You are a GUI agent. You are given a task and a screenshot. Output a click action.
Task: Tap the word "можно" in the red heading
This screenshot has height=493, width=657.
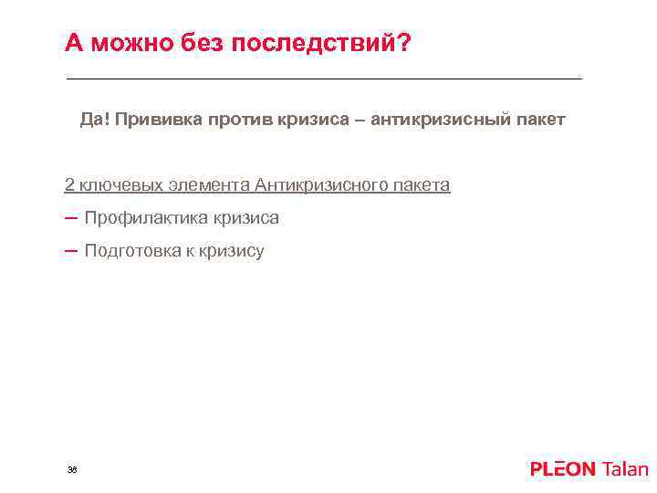click(124, 43)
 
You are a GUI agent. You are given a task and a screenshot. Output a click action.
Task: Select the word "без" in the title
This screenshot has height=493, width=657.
click(194, 43)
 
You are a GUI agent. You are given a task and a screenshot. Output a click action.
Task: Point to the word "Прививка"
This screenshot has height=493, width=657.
click(157, 120)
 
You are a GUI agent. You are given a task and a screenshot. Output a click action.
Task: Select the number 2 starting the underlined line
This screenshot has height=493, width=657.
click(69, 185)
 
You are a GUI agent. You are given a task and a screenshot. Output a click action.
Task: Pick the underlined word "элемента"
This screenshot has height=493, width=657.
click(211, 185)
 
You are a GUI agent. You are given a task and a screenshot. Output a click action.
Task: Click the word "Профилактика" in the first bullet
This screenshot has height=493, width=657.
click(146, 218)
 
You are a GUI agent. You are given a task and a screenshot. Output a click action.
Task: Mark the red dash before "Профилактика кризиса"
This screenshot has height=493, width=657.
click(71, 217)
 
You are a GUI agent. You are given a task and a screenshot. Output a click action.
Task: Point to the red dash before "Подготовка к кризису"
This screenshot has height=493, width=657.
click(71, 250)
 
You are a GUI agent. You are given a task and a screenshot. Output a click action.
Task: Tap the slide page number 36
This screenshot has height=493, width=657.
click(72, 469)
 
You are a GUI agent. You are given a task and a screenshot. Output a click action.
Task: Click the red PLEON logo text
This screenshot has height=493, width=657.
click(562, 469)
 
